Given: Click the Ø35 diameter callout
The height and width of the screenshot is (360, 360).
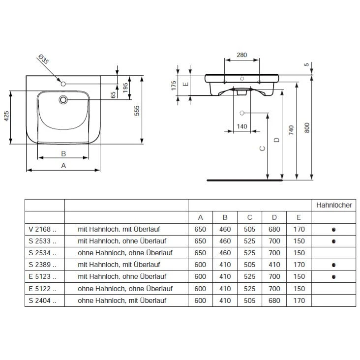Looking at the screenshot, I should pyautogui.click(x=44, y=61).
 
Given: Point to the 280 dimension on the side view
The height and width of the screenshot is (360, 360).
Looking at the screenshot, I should pyautogui.click(x=241, y=55).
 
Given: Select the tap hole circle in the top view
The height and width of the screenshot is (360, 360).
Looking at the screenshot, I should pyautogui.click(x=63, y=84).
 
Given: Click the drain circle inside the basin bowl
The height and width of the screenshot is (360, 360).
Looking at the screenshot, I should pyautogui.click(x=63, y=100).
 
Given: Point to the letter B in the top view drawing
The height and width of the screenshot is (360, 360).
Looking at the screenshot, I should pyautogui.click(x=63, y=153).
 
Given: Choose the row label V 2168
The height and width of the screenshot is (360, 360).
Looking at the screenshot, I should pyautogui.click(x=43, y=229).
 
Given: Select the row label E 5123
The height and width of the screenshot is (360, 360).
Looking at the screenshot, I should pyautogui.click(x=43, y=276).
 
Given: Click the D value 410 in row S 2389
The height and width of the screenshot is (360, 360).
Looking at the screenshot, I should pyautogui.click(x=273, y=265).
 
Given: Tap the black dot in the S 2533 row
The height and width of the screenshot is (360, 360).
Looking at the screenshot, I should pyautogui.click(x=334, y=241).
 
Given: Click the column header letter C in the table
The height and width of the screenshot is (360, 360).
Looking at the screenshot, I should pyautogui.click(x=249, y=217).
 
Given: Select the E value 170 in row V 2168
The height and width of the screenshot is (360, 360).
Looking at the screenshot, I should pyautogui.click(x=298, y=229).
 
